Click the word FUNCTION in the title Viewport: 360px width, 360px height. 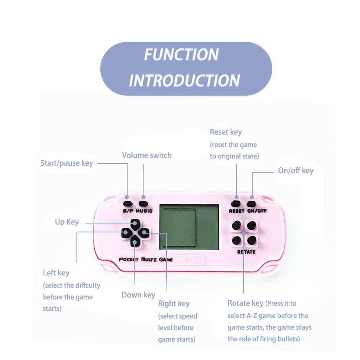(181, 55)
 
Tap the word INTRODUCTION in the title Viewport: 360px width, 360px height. (184, 81)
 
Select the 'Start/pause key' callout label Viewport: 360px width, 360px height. (67, 163)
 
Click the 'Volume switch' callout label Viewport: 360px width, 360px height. (147, 156)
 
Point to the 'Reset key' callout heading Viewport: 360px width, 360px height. (226, 132)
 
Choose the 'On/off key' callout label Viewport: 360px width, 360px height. (296, 171)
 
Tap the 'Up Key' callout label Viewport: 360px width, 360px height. (67, 222)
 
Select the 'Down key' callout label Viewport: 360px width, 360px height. (138, 295)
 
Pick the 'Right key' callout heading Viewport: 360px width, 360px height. (174, 304)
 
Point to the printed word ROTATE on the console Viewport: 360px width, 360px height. (246, 252)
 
